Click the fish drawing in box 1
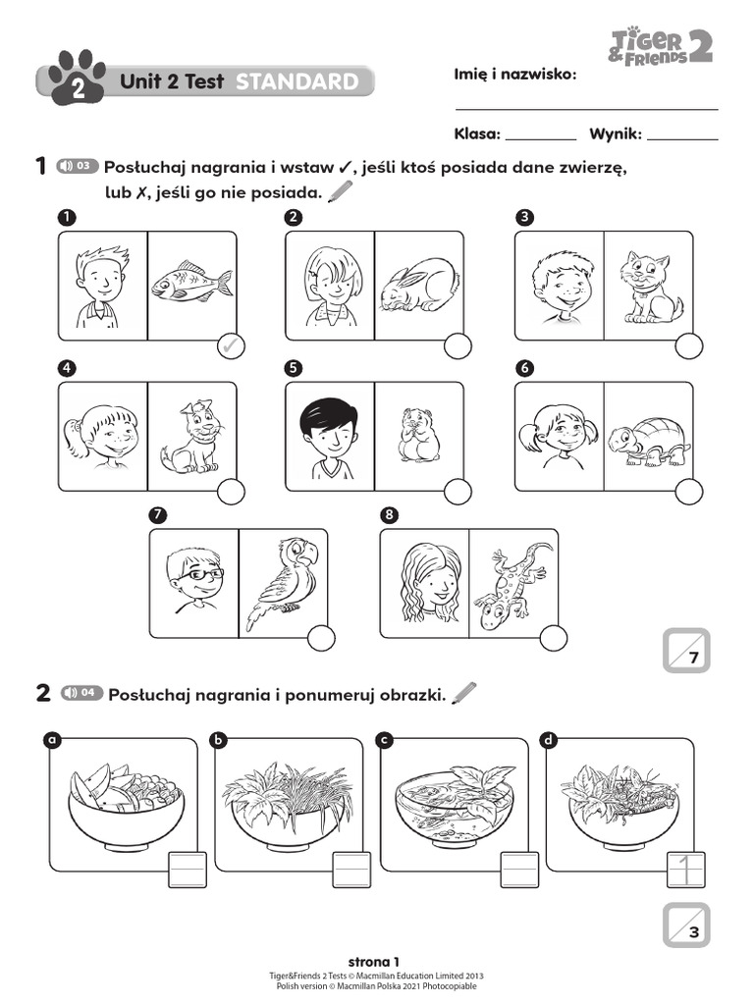coord(191,283)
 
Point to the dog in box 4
coord(191,437)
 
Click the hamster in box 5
coord(418,435)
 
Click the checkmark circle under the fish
coord(229,345)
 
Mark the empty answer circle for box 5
coord(458,493)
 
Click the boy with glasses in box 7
coord(193,579)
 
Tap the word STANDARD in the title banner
coord(296,82)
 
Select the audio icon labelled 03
coord(78,166)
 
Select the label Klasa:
coord(477,134)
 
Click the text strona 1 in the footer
coord(375,961)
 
